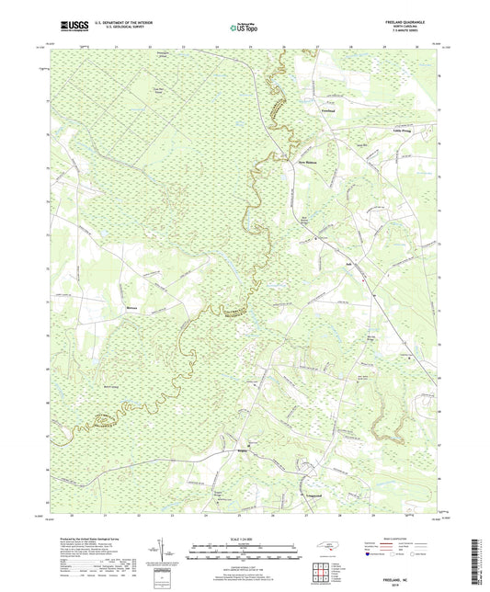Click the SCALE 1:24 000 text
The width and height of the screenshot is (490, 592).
(245, 538)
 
